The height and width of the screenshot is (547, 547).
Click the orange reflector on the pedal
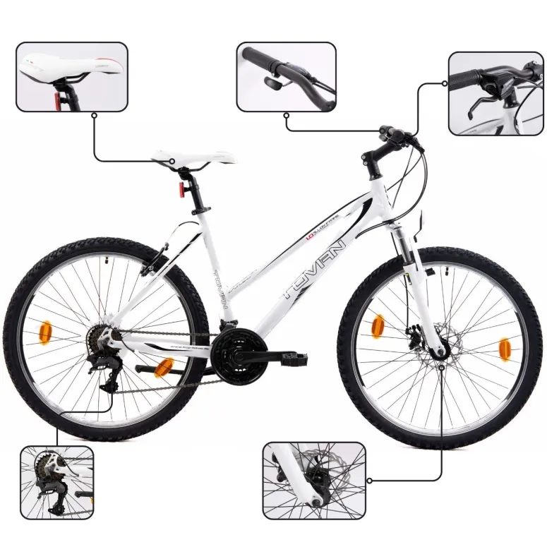pos(165,366)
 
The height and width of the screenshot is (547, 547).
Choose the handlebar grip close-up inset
pos(286,76)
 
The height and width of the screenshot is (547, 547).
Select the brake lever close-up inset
pos(495,94)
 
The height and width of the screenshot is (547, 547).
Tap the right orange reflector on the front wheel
pos(505,349)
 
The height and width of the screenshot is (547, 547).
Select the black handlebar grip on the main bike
pos(390,132)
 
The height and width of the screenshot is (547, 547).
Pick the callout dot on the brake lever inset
pos(445,83)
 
